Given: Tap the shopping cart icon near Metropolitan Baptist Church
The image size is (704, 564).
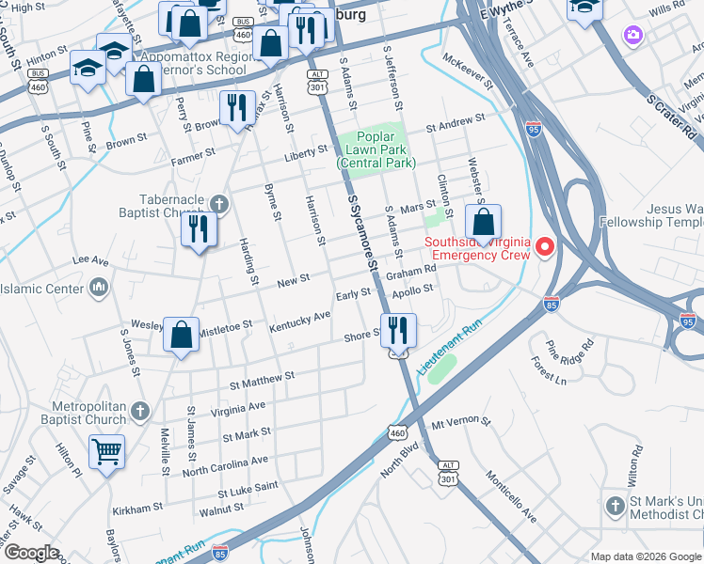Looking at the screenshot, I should [106, 452].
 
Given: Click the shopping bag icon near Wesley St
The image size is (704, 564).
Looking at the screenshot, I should [181, 334].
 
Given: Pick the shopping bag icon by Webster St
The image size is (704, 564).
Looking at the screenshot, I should [483, 224].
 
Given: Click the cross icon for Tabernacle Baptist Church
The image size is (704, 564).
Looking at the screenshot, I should [218, 202].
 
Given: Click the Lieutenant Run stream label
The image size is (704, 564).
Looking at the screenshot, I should [450, 349].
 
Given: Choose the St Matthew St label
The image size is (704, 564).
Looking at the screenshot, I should [263, 380].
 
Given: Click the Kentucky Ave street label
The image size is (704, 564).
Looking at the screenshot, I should [299, 321].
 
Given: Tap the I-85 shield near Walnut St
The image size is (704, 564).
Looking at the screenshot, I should [220, 553].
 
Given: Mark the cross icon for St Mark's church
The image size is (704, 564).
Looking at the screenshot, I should [615, 507].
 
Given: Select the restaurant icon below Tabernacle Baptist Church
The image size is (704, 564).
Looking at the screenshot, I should [199, 230].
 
